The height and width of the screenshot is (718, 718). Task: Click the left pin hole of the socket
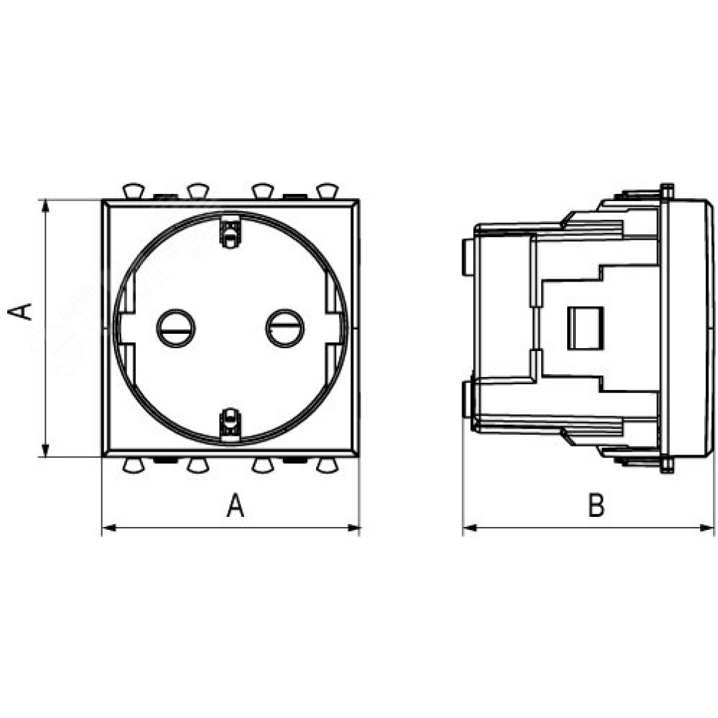pos(176,328)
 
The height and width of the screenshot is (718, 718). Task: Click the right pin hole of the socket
pos(285,328)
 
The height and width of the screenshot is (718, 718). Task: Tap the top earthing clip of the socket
pos(230,231)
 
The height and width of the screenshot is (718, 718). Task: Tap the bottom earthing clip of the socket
pos(230,424)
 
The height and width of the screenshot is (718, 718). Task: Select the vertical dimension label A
pos(20,312)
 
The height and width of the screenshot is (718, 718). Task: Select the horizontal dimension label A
pos(236,505)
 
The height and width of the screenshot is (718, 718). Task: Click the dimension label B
pos(596,505)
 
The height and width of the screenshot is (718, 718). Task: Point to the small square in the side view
pos(585,328)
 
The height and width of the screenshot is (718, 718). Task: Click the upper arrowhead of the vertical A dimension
pos(45,206)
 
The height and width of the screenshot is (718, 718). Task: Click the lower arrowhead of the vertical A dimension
pos(45,449)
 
